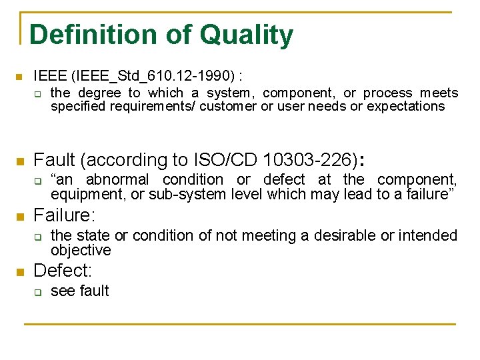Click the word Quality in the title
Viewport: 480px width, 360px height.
click(x=248, y=35)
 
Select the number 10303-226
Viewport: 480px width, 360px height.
click(x=309, y=160)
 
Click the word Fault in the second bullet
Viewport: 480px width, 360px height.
click(x=53, y=160)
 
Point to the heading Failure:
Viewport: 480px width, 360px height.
click(x=65, y=215)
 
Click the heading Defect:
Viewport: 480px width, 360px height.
click(x=62, y=271)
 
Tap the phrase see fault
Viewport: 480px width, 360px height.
click(x=80, y=291)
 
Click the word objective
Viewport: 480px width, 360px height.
click(x=81, y=251)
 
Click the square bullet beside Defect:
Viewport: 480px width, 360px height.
click(x=20, y=271)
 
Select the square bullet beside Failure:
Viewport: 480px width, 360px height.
click(x=20, y=216)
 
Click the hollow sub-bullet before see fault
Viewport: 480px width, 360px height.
click(x=38, y=292)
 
